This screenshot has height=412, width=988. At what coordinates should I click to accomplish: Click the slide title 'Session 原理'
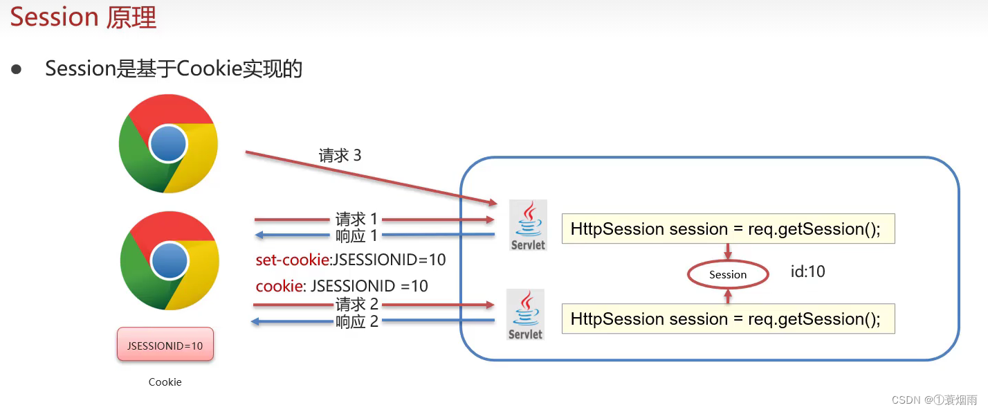[x=83, y=17]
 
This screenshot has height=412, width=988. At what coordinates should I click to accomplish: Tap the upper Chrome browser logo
[x=168, y=144]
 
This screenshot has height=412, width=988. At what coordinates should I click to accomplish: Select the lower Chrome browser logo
[x=169, y=261]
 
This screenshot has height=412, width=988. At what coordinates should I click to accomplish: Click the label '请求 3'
[x=340, y=155]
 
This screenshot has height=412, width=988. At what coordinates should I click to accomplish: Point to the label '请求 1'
[x=356, y=220]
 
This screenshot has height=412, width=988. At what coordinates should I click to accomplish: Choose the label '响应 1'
[x=356, y=235]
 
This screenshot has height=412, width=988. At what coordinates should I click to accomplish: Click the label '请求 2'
[x=356, y=304]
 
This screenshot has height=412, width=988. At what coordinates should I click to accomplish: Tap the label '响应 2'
[x=356, y=321]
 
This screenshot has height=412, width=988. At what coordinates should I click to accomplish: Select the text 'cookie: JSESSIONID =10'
[x=342, y=286]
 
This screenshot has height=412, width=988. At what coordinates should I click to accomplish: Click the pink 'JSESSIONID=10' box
[x=165, y=345]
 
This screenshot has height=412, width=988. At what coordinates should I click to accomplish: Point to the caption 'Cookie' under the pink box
[x=165, y=382]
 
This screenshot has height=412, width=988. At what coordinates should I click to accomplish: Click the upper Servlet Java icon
[x=528, y=224]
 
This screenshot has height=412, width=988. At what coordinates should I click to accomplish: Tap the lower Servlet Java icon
[x=526, y=314]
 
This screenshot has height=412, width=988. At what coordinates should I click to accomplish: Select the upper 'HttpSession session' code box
[x=728, y=229]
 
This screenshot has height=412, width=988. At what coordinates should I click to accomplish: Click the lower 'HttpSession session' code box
[x=728, y=319]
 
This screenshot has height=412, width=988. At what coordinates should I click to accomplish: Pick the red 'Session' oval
[x=728, y=275]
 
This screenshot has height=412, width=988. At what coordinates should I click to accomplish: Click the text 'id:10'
[x=808, y=271]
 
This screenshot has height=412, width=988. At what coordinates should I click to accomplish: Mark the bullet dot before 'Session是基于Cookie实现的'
[x=16, y=69]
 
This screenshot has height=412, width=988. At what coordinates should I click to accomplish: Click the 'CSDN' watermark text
[x=906, y=400]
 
